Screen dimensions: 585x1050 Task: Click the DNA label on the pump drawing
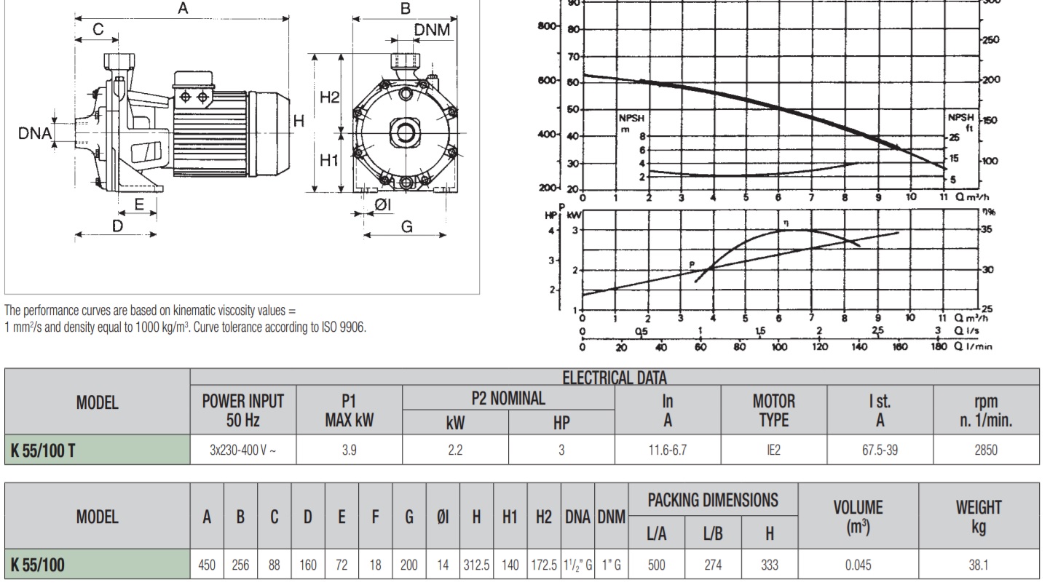(34, 133)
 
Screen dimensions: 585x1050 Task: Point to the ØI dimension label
(383, 205)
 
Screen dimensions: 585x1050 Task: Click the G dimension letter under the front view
(406, 226)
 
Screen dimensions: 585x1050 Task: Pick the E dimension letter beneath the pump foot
(140, 204)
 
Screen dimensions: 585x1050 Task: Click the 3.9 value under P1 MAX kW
(350, 450)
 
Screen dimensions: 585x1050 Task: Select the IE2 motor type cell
(773, 450)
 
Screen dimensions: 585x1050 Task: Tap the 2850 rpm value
(986, 450)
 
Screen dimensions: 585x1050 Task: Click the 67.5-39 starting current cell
(880, 450)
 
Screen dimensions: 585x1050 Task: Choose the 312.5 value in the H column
(476, 564)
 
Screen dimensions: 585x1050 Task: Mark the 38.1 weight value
(979, 564)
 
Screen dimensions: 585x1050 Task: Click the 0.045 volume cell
(859, 564)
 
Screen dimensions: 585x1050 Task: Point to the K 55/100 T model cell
(42, 450)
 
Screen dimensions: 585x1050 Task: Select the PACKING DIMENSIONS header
(712, 500)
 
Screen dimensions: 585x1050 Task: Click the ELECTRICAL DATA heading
(614, 377)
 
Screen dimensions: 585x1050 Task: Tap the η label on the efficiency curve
(786, 222)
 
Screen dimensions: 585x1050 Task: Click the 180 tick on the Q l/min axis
(939, 348)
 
